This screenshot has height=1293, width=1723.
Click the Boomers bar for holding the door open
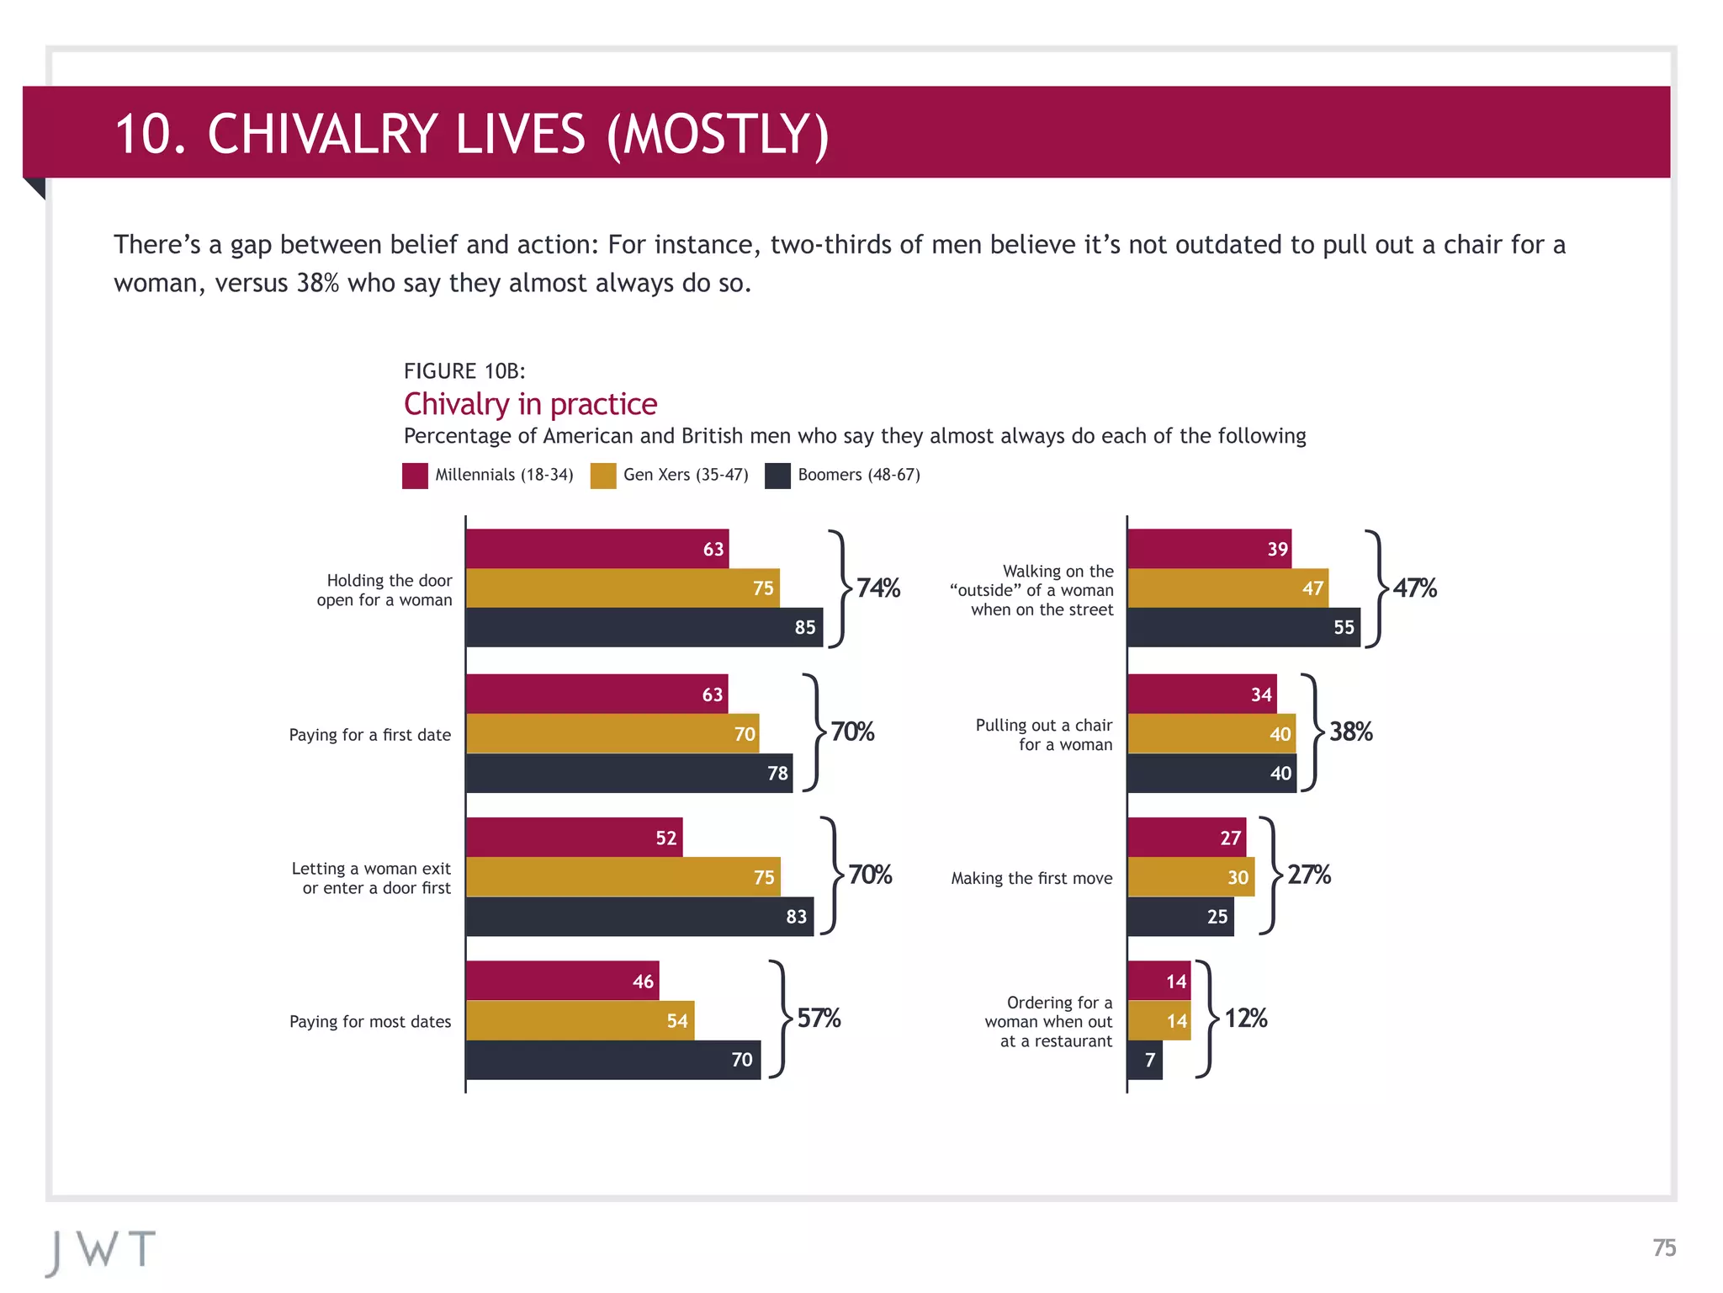(x=644, y=627)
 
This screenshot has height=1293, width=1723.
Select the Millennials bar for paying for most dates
(x=562, y=981)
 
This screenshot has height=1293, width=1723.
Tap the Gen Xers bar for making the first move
(x=1190, y=877)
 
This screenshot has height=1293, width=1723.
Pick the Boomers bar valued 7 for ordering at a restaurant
(x=1145, y=1060)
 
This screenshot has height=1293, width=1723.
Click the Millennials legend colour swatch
(x=415, y=476)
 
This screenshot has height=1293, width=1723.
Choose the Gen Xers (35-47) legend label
(x=685, y=475)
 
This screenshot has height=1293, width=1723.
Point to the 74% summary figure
(x=877, y=588)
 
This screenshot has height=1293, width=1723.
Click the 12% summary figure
(x=1245, y=1019)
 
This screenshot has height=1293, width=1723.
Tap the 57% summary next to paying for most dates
(x=819, y=1019)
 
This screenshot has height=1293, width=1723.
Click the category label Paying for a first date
(x=369, y=735)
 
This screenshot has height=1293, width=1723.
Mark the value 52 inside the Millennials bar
(x=665, y=838)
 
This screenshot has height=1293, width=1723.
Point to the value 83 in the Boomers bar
(x=796, y=917)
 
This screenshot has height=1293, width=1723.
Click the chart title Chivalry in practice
(x=530, y=404)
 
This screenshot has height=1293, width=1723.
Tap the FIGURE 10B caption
(x=464, y=371)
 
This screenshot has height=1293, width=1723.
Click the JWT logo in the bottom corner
(x=101, y=1251)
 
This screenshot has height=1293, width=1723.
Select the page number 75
(x=1663, y=1248)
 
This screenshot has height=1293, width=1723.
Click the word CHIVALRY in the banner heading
(x=395, y=134)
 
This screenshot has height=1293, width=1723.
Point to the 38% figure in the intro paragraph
(x=317, y=283)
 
